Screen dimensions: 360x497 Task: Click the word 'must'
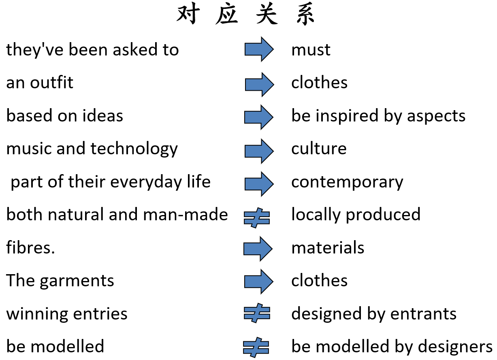pyautogui.click(x=311, y=50)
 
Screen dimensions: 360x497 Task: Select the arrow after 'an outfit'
pyautogui.click(x=259, y=84)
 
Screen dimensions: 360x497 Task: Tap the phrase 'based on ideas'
pyautogui.click(x=64, y=116)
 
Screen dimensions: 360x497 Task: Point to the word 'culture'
pyautogui.click(x=319, y=149)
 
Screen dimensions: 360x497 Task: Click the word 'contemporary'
pyautogui.click(x=347, y=182)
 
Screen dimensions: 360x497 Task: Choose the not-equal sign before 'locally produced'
pyautogui.click(x=257, y=218)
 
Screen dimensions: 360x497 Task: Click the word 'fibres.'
pyautogui.click(x=30, y=247)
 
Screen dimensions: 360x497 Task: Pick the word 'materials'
pyautogui.click(x=328, y=247)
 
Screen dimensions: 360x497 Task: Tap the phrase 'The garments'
pyautogui.click(x=60, y=281)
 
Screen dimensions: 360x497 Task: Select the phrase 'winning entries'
pyautogui.click(x=67, y=314)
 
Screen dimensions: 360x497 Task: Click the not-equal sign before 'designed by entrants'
pyautogui.click(x=257, y=313)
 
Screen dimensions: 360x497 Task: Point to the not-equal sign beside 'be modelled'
pyautogui.click(x=256, y=347)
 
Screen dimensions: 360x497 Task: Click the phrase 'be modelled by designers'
pyautogui.click(x=392, y=347)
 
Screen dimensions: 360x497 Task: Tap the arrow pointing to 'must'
pyautogui.click(x=259, y=49)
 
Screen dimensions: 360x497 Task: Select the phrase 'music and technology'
pyautogui.click(x=92, y=149)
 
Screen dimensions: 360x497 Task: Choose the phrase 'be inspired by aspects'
pyautogui.click(x=378, y=116)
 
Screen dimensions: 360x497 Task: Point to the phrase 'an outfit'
pyautogui.click(x=40, y=83)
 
